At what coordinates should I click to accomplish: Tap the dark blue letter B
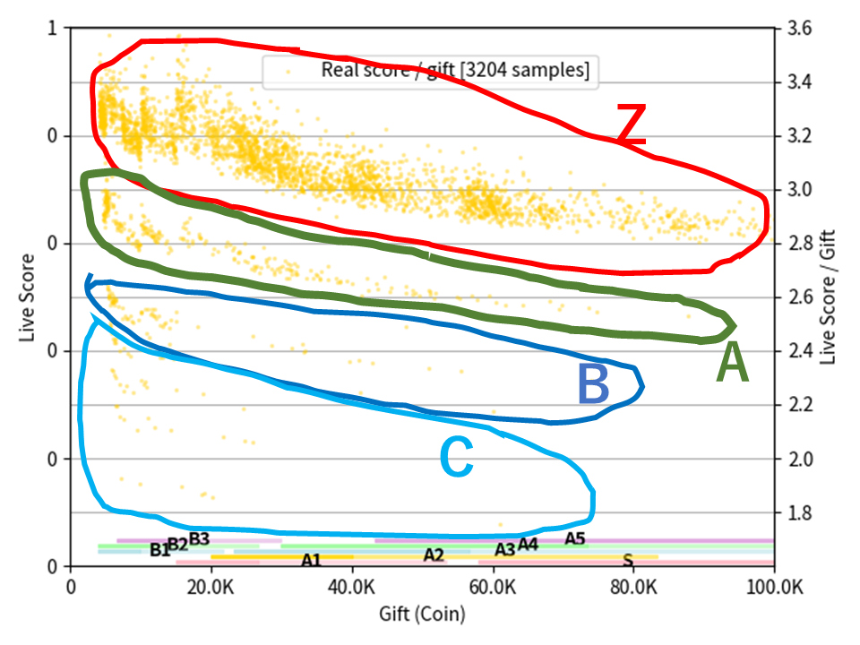click(x=593, y=384)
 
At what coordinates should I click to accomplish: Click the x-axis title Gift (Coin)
click(x=422, y=615)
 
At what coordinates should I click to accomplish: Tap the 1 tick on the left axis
click(x=52, y=29)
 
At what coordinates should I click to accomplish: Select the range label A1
click(x=311, y=561)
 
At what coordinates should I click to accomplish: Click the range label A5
click(x=574, y=539)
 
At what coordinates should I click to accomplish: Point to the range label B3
click(x=199, y=539)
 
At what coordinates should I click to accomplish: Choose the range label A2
click(x=434, y=555)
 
